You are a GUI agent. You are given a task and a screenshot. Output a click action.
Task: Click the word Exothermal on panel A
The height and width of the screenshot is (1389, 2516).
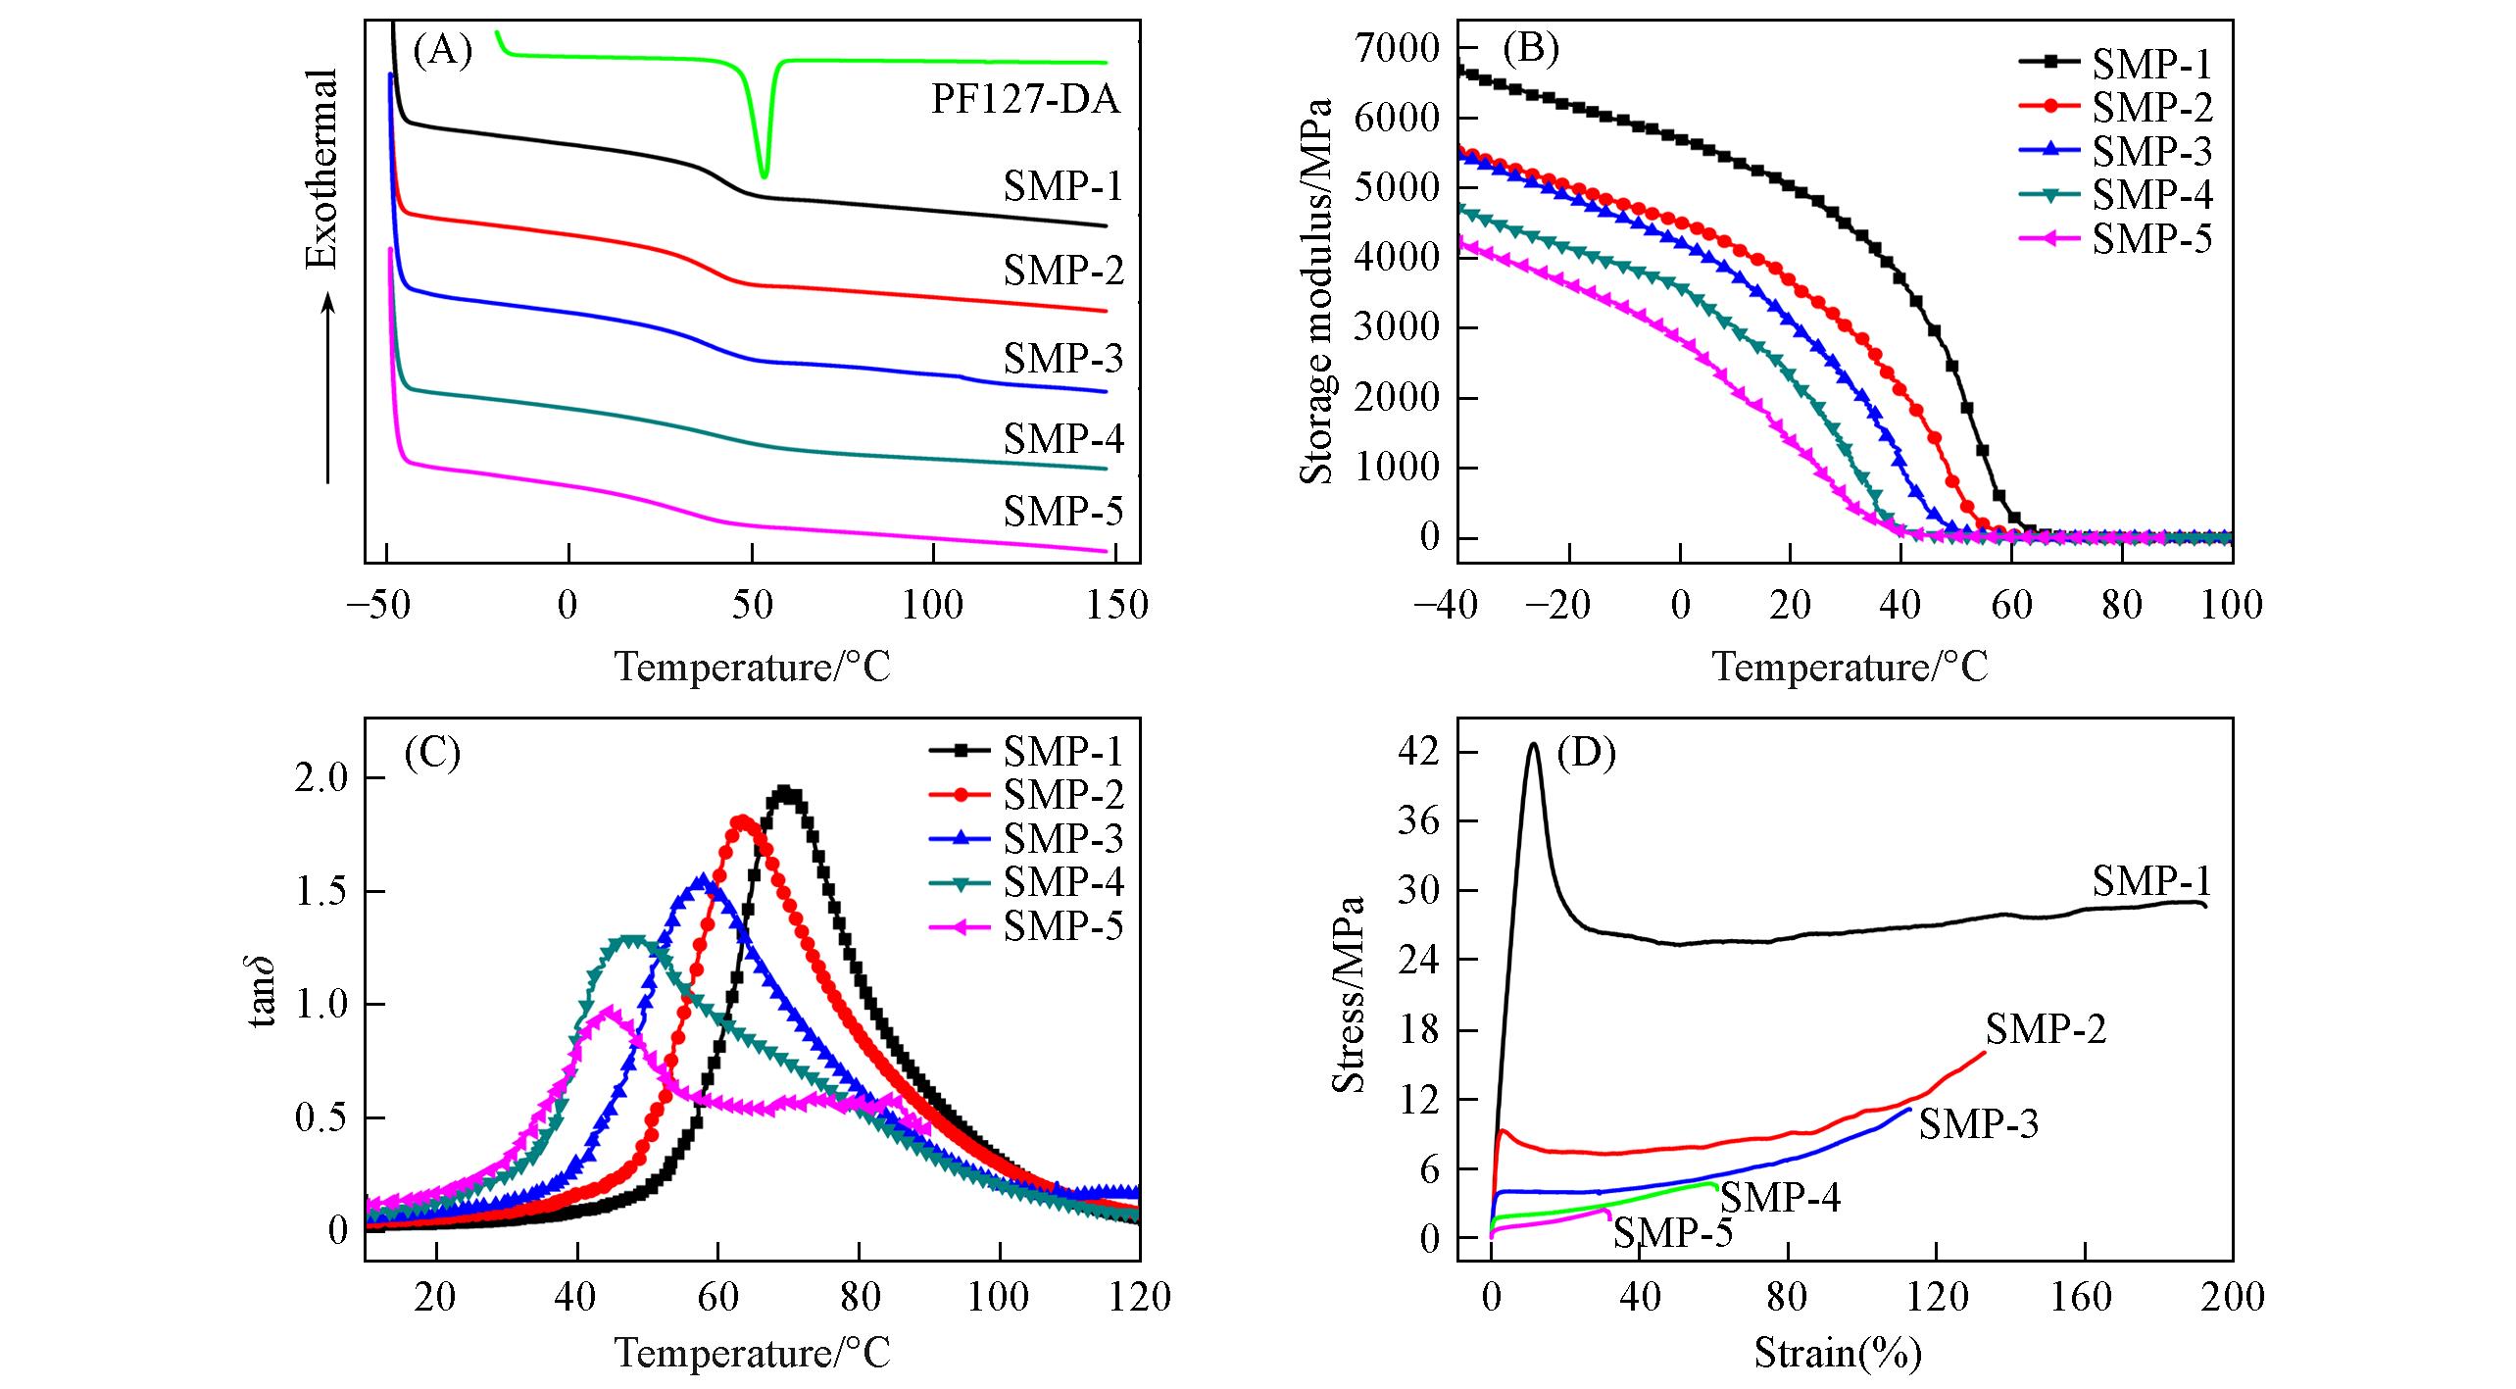[x=322, y=168]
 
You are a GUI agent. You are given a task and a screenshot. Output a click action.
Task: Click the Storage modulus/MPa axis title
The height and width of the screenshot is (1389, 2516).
[x=1318, y=291]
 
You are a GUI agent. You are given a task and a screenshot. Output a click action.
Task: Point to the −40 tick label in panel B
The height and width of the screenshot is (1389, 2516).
[x=1446, y=605]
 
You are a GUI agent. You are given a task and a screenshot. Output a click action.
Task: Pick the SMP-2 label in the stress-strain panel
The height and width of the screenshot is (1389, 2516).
[x=2046, y=1029]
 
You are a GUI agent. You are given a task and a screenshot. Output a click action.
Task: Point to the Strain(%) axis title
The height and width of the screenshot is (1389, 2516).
[x=1838, y=1353]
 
